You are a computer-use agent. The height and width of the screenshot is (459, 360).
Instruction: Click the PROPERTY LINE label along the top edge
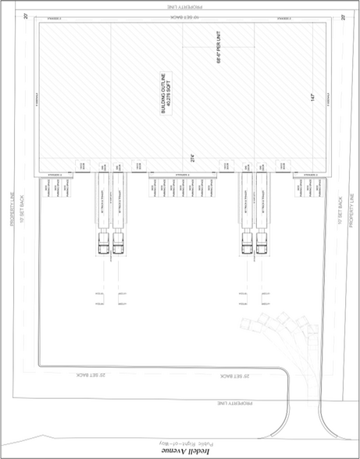(180, 6)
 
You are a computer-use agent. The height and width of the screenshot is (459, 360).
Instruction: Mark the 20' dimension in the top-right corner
(343, 16)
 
